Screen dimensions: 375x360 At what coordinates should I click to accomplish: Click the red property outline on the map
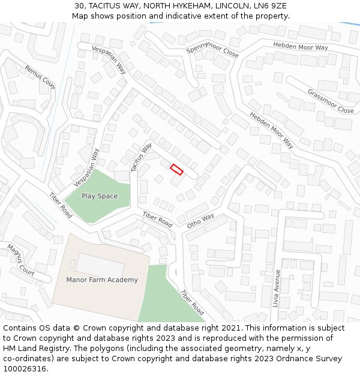pyautogui.click(x=176, y=169)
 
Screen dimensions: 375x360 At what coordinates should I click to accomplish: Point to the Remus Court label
pyautogui.click(x=40, y=77)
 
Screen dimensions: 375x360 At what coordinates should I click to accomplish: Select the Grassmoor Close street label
pyautogui.click(x=331, y=101)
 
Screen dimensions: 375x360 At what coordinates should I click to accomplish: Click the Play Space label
pyautogui.click(x=100, y=196)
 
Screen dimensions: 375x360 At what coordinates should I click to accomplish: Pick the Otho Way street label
pyautogui.click(x=200, y=221)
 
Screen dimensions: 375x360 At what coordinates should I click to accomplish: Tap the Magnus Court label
pyautogui.click(x=21, y=259)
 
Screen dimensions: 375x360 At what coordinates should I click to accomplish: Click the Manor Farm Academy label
pyautogui.click(x=102, y=280)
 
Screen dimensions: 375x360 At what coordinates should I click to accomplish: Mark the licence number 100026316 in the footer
pyautogui.click(x=25, y=368)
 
